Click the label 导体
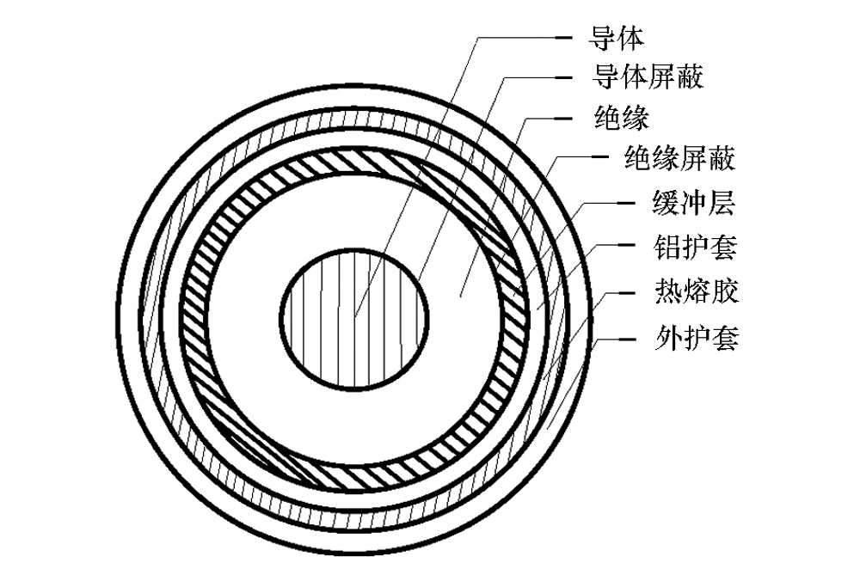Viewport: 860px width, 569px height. [616, 38]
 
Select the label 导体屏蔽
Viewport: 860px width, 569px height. [648, 77]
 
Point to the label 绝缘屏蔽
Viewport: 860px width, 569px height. [682, 158]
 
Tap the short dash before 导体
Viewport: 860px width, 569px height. [565, 38]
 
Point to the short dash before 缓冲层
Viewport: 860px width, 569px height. [626, 205]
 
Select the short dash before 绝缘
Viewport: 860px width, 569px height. [565, 118]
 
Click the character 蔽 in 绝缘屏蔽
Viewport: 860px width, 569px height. [723, 158]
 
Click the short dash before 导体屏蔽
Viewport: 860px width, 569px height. [565, 77]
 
